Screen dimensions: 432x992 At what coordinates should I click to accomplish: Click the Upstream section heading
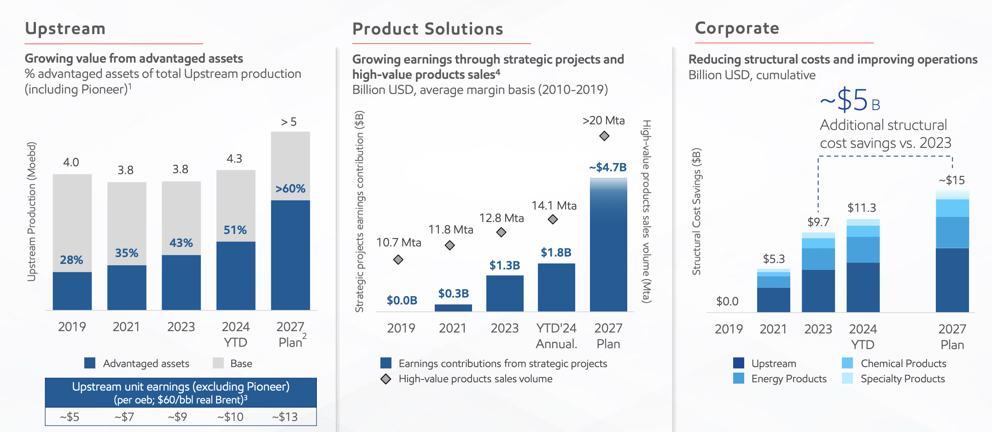[x=65, y=29]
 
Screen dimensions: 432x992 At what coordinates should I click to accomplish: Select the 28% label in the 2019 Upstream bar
[x=71, y=260]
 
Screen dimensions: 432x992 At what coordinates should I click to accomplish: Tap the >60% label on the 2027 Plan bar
[x=290, y=188]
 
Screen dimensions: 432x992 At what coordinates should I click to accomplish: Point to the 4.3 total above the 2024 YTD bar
[x=234, y=159]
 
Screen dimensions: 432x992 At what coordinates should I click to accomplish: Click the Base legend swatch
[x=218, y=363]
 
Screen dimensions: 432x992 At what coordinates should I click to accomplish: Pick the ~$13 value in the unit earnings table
[x=285, y=417]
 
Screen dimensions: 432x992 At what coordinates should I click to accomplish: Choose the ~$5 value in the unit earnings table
[x=70, y=417]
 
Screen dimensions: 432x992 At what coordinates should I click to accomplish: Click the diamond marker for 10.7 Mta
[x=398, y=260]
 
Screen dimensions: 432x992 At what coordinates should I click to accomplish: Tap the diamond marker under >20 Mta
[x=604, y=136]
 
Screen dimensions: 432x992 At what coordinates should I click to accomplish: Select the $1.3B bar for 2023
[x=505, y=293]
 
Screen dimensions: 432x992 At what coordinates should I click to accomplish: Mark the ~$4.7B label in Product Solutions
[x=607, y=167]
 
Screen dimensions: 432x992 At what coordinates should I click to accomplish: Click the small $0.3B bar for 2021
[x=453, y=308]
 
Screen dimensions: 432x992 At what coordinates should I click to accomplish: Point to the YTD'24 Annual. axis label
[x=556, y=336]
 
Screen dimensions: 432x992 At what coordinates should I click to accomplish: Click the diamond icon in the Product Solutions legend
[x=386, y=379]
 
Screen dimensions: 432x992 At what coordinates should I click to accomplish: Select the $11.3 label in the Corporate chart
[x=862, y=208]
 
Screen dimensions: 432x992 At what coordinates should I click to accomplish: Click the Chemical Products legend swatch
[x=847, y=363]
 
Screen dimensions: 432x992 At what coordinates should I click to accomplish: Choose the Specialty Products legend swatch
[x=847, y=379]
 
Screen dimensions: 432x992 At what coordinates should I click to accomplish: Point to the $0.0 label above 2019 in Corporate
[x=727, y=301]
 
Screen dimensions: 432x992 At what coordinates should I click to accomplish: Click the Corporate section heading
[x=737, y=29]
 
